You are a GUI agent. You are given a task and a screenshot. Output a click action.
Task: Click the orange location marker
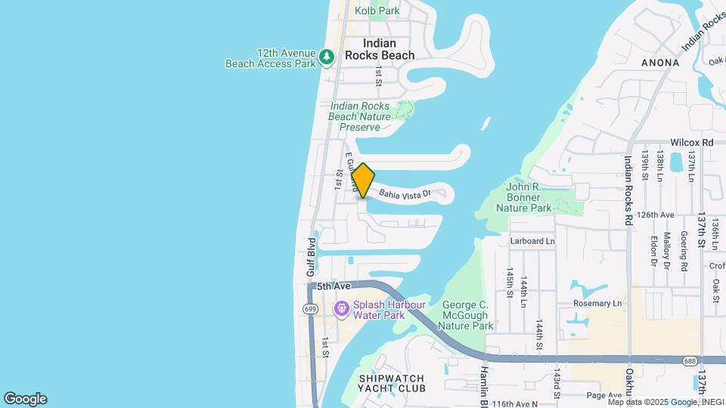tap(363, 181)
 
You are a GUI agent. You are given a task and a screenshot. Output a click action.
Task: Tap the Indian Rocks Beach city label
tap(380, 49)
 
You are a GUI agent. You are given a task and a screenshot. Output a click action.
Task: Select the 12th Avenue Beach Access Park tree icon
tap(327, 57)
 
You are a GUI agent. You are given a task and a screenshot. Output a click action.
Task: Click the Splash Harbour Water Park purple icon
tap(341, 308)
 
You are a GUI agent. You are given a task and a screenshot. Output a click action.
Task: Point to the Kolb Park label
tap(377, 11)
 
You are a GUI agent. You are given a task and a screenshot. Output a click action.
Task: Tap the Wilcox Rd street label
tap(692, 142)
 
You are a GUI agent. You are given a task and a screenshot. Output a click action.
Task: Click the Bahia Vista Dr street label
tap(405, 193)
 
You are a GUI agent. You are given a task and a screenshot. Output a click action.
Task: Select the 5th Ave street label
tap(334, 286)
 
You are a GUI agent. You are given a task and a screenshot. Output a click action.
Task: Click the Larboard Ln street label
tap(532, 241)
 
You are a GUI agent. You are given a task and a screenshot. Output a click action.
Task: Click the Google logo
tap(25, 399)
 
